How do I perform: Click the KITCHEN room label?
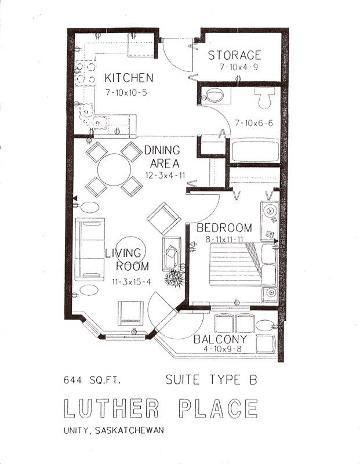click(x=129, y=78)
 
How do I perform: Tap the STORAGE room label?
click(x=235, y=56)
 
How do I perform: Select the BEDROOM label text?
click(x=224, y=227)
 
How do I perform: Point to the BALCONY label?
click(x=220, y=339)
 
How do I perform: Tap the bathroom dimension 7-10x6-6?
click(x=254, y=123)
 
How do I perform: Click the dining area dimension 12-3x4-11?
click(x=162, y=175)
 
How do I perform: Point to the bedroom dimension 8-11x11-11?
click(x=224, y=239)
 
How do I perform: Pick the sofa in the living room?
click(x=92, y=248)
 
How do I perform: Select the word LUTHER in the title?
click(x=111, y=408)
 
